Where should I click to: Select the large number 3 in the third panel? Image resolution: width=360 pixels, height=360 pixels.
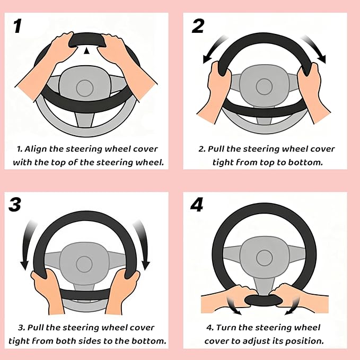pyautogui.click(x=15, y=205)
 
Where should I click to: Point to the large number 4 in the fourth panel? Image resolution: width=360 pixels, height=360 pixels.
pyautogui.click(x=197, y=205)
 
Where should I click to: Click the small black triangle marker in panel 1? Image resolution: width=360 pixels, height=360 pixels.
pyautogui.click(x=87, y=50)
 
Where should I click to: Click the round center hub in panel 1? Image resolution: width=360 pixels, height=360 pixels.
pyautogui.click(x=84, y=87)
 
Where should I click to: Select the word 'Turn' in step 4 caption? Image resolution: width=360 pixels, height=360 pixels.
pyautogui.click(x=230, y=328)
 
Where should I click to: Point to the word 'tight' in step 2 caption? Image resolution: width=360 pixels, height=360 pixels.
pyautogui.click(x=223, y=162)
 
